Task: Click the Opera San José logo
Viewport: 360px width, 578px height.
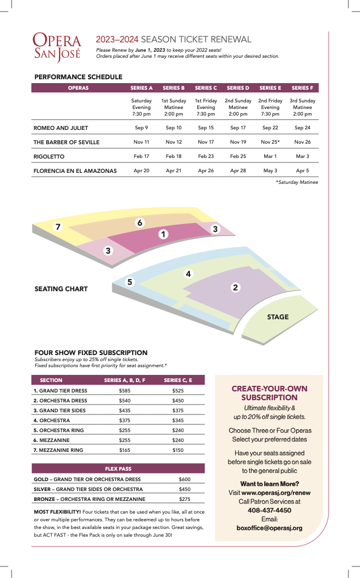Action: [57, 46]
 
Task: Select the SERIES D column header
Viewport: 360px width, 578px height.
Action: [238, 88]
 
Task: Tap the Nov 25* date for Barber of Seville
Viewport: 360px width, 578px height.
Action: [270, 142]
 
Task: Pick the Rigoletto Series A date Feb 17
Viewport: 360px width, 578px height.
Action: [141, 156]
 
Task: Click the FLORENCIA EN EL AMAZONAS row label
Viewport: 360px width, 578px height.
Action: [75, 171]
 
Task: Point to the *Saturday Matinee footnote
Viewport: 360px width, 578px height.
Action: [297, 182]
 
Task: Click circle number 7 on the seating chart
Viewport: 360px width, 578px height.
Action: [58, 227]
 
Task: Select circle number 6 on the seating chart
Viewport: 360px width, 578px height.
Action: [140, 222]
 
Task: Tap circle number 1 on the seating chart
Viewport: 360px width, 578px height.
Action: [163, 235]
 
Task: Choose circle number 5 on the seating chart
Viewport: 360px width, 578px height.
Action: [130, 282]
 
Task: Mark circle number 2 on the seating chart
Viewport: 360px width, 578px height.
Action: [235, 287]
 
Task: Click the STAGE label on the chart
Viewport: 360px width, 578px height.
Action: [277, 317]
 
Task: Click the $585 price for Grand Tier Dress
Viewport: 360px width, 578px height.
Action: [124, 390]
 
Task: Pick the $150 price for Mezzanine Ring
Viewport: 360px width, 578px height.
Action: [178, 450]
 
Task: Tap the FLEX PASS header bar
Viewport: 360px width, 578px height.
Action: [118, 468]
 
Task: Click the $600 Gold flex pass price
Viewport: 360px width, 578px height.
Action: [184, 479]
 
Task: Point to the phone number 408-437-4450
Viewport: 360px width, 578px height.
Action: [269, 510]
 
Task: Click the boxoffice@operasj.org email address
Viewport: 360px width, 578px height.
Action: [269, 528]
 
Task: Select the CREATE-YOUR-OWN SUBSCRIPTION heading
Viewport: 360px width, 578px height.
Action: [269, 393]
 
